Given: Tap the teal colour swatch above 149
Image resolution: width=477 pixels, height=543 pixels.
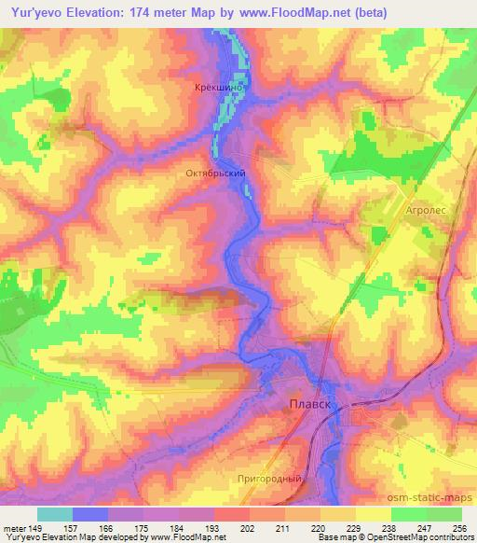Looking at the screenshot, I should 55,514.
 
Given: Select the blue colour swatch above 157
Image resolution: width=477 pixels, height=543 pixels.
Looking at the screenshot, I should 90,514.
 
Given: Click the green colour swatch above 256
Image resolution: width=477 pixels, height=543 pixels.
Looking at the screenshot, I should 444,514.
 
